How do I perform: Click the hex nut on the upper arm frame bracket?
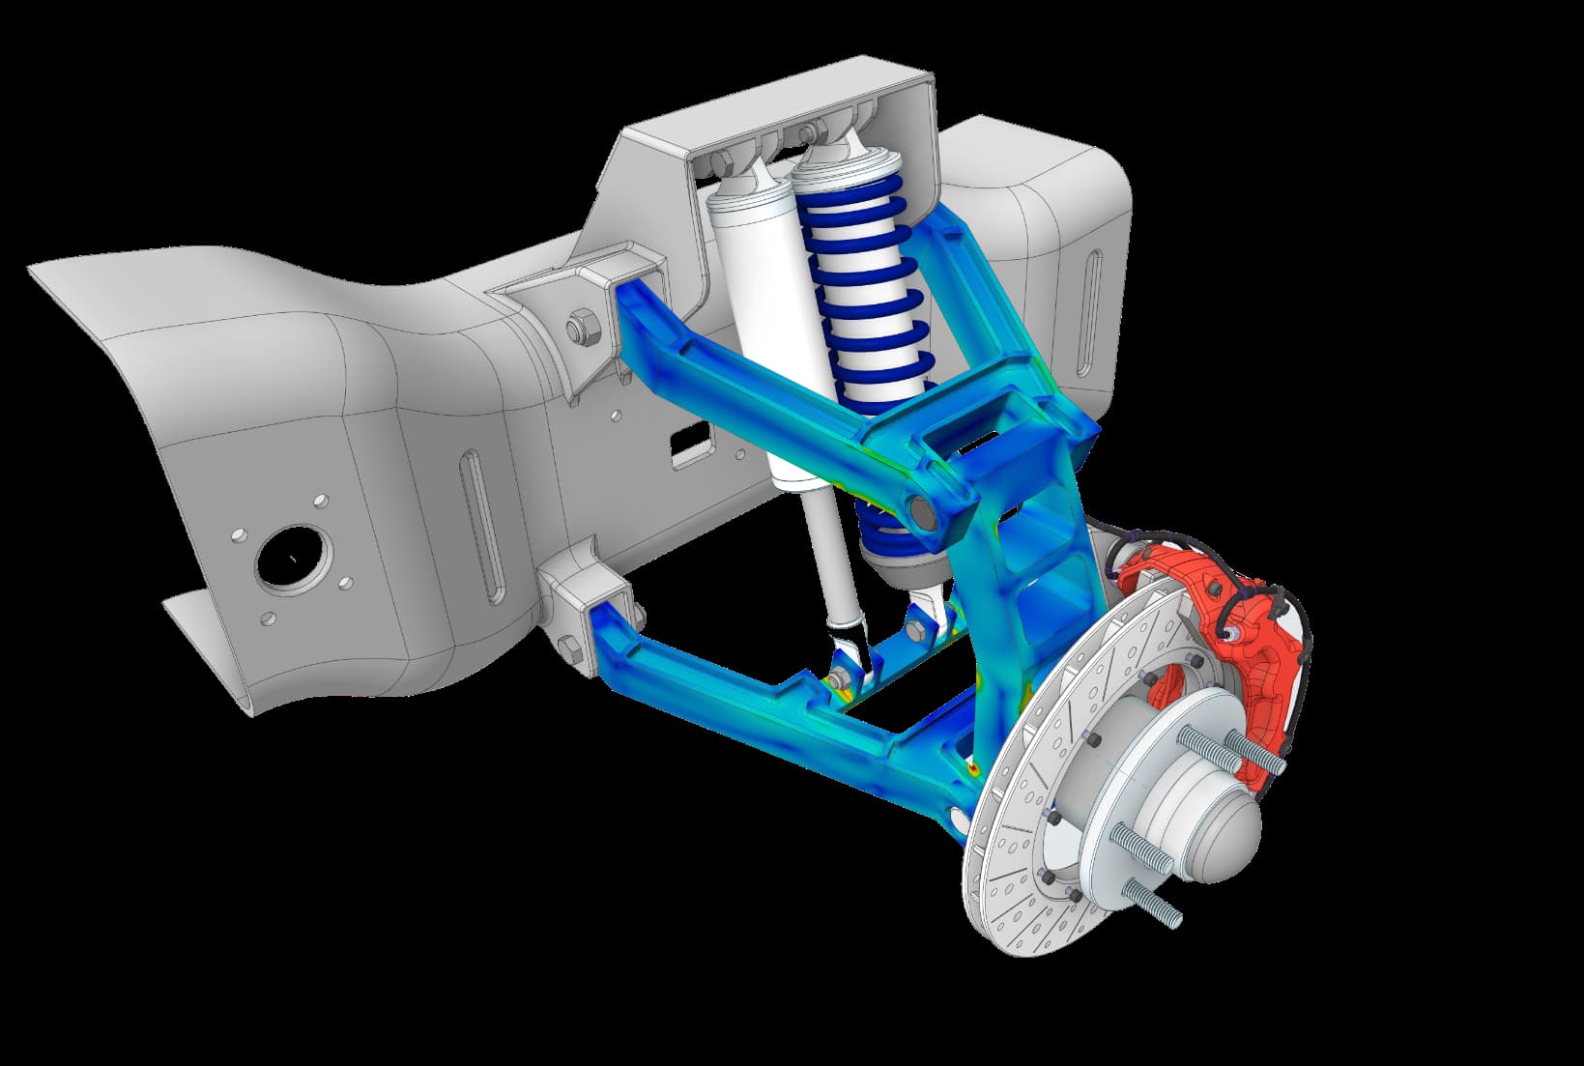[582, 327]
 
